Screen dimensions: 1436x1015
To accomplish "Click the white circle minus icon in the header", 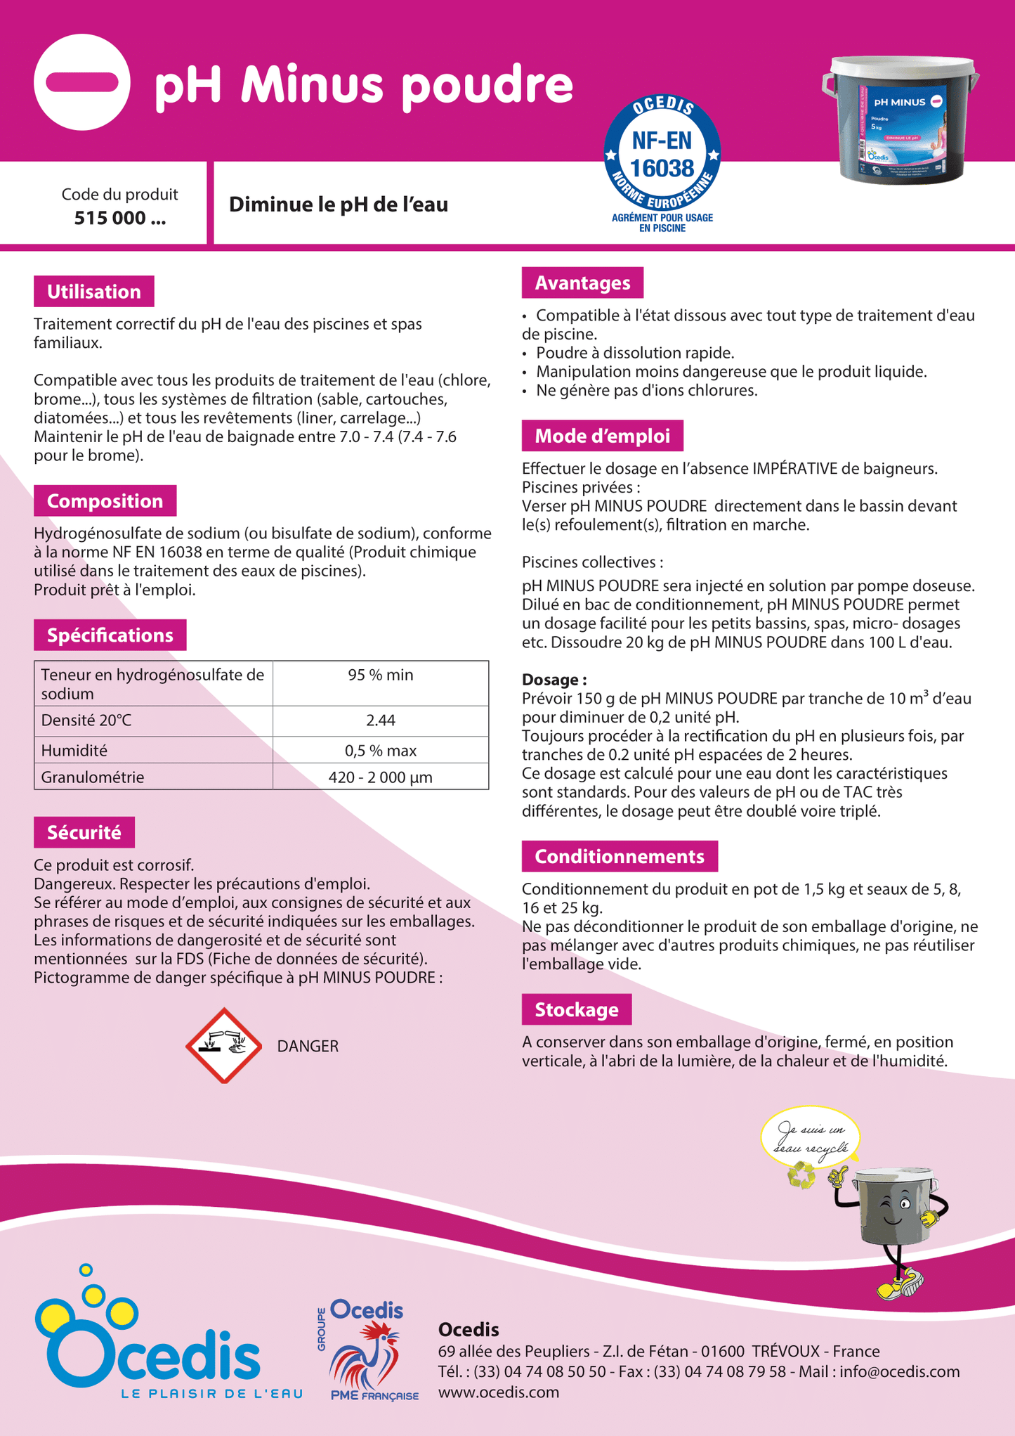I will [x=81, y=82].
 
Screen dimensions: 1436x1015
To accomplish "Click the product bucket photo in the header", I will [x=901, y=121].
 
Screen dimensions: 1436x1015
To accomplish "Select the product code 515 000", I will [x=120, y=218].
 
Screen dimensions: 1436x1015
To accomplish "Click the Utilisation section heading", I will [x=94, y=292].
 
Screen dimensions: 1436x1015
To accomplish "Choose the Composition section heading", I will [x=105, y=501].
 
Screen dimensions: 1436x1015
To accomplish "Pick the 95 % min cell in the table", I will [x=380, y=675].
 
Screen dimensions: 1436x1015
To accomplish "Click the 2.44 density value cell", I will [x=380, y=720].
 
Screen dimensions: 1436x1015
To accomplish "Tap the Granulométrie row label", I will [x=93, y=777].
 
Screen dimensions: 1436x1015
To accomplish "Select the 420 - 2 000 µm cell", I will [x=380, y=777].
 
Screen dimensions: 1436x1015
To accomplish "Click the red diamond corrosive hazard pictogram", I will [x=223, y=1045].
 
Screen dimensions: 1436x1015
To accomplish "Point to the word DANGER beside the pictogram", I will [x=308, y=1047].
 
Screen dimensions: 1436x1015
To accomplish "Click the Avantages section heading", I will [x=582, y=283].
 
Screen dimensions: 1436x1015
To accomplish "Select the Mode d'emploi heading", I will [x=602, y=436].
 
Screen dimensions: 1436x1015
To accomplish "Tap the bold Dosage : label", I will [x=554, y=680].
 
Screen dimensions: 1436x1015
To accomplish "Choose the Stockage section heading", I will [x=576, y=1009].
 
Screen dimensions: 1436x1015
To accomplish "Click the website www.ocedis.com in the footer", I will [x=499, y=1392].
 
